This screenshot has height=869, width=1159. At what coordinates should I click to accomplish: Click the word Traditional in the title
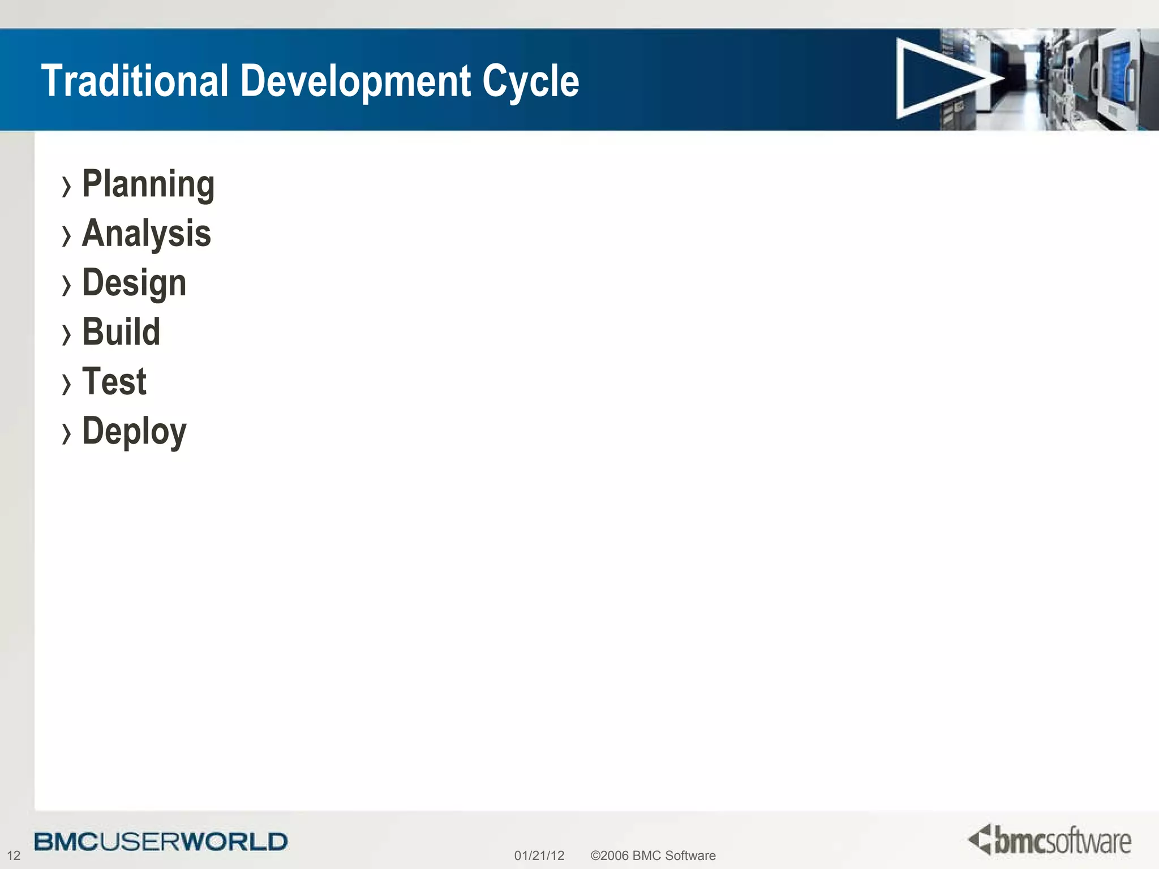pos(135,80)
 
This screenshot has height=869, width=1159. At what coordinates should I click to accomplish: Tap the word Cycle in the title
pos(530,80)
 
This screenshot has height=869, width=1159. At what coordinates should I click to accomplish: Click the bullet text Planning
pos(148,184)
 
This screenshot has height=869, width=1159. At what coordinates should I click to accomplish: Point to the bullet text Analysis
pos(147,233)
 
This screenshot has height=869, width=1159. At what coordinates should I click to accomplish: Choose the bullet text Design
pos(134,282)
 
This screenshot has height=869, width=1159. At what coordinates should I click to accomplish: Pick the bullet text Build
pos(121,332)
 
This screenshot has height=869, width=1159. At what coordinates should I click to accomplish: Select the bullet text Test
pos(114,381)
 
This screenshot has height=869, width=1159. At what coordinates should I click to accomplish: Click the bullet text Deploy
pos(134,431)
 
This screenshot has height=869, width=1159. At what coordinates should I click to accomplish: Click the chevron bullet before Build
pos(67,334)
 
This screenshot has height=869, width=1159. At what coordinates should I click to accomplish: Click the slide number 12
pos(14,855)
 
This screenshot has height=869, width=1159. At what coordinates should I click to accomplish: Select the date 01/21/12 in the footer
pos(539,855)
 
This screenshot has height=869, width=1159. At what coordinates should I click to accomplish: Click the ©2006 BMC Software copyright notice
pos(653,855)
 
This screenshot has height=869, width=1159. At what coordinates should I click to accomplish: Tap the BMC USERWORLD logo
pos(161,841)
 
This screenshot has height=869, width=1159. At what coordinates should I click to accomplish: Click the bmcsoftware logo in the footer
pos(1049,840)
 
